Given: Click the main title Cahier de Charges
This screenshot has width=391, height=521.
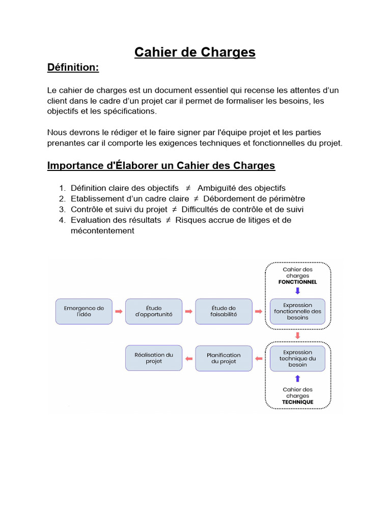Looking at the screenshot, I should pyautogui.click(x=195, y=52).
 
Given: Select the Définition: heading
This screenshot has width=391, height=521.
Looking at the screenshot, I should pyautogui.click(x=73, y=68).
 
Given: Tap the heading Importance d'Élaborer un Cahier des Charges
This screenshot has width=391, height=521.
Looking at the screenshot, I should pyautogui.click(x=161, y=165).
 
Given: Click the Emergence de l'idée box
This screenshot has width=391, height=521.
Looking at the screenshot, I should pyautogui.click(x=84, y=311).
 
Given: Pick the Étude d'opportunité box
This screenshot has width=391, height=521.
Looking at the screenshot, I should pyautogui.click(x=154, y=311).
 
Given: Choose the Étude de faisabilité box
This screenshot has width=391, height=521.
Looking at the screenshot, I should pyautogui.click(x=224, y=311).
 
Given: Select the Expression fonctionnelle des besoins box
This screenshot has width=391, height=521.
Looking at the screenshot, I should pyautogui.click(x=298, y=311).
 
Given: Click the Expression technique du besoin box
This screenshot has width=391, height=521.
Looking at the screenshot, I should pyautogui.click(x=298, y=358).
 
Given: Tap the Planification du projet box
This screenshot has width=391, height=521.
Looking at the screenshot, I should pyautogui.click(x=224, y=358).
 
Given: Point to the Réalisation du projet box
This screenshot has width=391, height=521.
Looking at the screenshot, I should pyautogui.click(x=154, y=358).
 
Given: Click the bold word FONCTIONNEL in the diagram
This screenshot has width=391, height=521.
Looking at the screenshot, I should pyautogui.click(x=298, y=282).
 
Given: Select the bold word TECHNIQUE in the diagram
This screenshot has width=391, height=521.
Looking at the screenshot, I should pyautogui.click(x=298, y=402).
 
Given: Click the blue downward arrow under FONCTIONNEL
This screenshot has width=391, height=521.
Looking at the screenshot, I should pyautogui.click(x=298, y=291).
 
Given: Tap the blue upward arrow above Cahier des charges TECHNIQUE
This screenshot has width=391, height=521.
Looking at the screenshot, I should pyautogui.click(x=298, y=379).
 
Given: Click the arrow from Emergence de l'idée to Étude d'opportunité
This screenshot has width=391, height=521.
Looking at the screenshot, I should pyautogui.click(x=119, y=311).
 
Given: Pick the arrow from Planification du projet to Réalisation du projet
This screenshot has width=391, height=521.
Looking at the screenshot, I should pyautogui.click(x=189, y=359).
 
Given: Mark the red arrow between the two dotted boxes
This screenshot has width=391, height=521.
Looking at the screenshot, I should pyautogui.click(x=298, y=335).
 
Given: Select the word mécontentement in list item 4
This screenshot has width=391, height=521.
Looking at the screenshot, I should pyautogui.click(x=102, y=231).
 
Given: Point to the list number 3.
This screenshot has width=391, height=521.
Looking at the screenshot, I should pyautogui.click(x=62, y=210).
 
